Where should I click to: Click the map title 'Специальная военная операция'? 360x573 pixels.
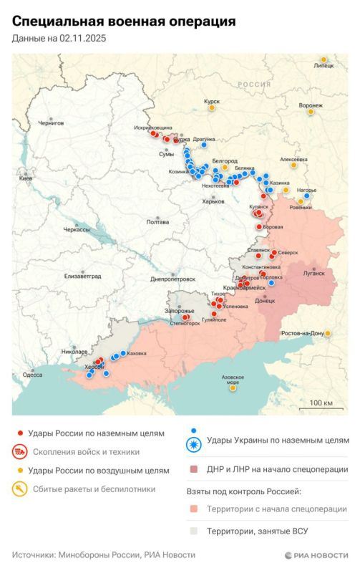123,22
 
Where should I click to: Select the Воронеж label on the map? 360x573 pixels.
311,105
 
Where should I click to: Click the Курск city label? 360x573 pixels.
212,102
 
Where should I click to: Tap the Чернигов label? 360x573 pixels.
51,123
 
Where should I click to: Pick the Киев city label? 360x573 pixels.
25,178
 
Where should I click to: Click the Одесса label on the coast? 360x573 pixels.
32,375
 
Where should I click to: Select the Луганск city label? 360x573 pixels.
313,274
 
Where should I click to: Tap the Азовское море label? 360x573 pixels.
233,380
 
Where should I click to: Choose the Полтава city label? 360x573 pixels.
157,222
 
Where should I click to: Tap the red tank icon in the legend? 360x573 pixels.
20,452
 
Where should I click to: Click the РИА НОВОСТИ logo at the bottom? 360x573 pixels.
315,555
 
